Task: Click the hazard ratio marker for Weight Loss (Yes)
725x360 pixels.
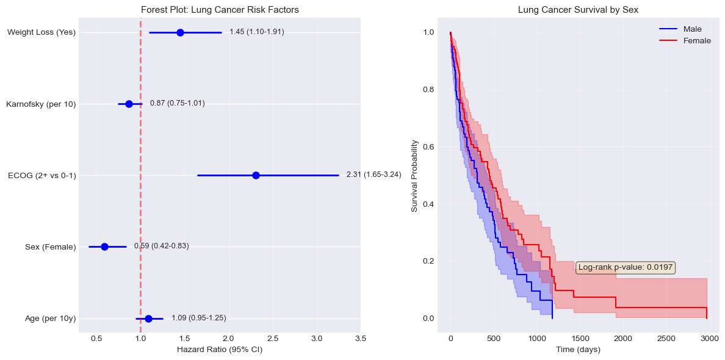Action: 180,32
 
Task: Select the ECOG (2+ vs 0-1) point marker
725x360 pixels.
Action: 256,175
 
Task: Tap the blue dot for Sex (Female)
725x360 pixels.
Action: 104,247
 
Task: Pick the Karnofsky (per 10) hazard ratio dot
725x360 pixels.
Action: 129,104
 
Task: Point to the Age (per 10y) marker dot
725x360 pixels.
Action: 148,318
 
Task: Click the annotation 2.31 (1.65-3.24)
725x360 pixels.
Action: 373,175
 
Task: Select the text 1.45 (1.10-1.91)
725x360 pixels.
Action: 257,32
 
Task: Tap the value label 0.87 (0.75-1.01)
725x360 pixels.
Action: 177,104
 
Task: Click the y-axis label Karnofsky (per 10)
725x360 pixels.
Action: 41,104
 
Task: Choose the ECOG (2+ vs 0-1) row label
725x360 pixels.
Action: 41,176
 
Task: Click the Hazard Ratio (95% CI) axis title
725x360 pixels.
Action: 220,350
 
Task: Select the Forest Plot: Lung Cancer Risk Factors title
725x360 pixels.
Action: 220,10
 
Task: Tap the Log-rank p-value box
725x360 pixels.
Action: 626,267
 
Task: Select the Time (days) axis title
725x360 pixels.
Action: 578,350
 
